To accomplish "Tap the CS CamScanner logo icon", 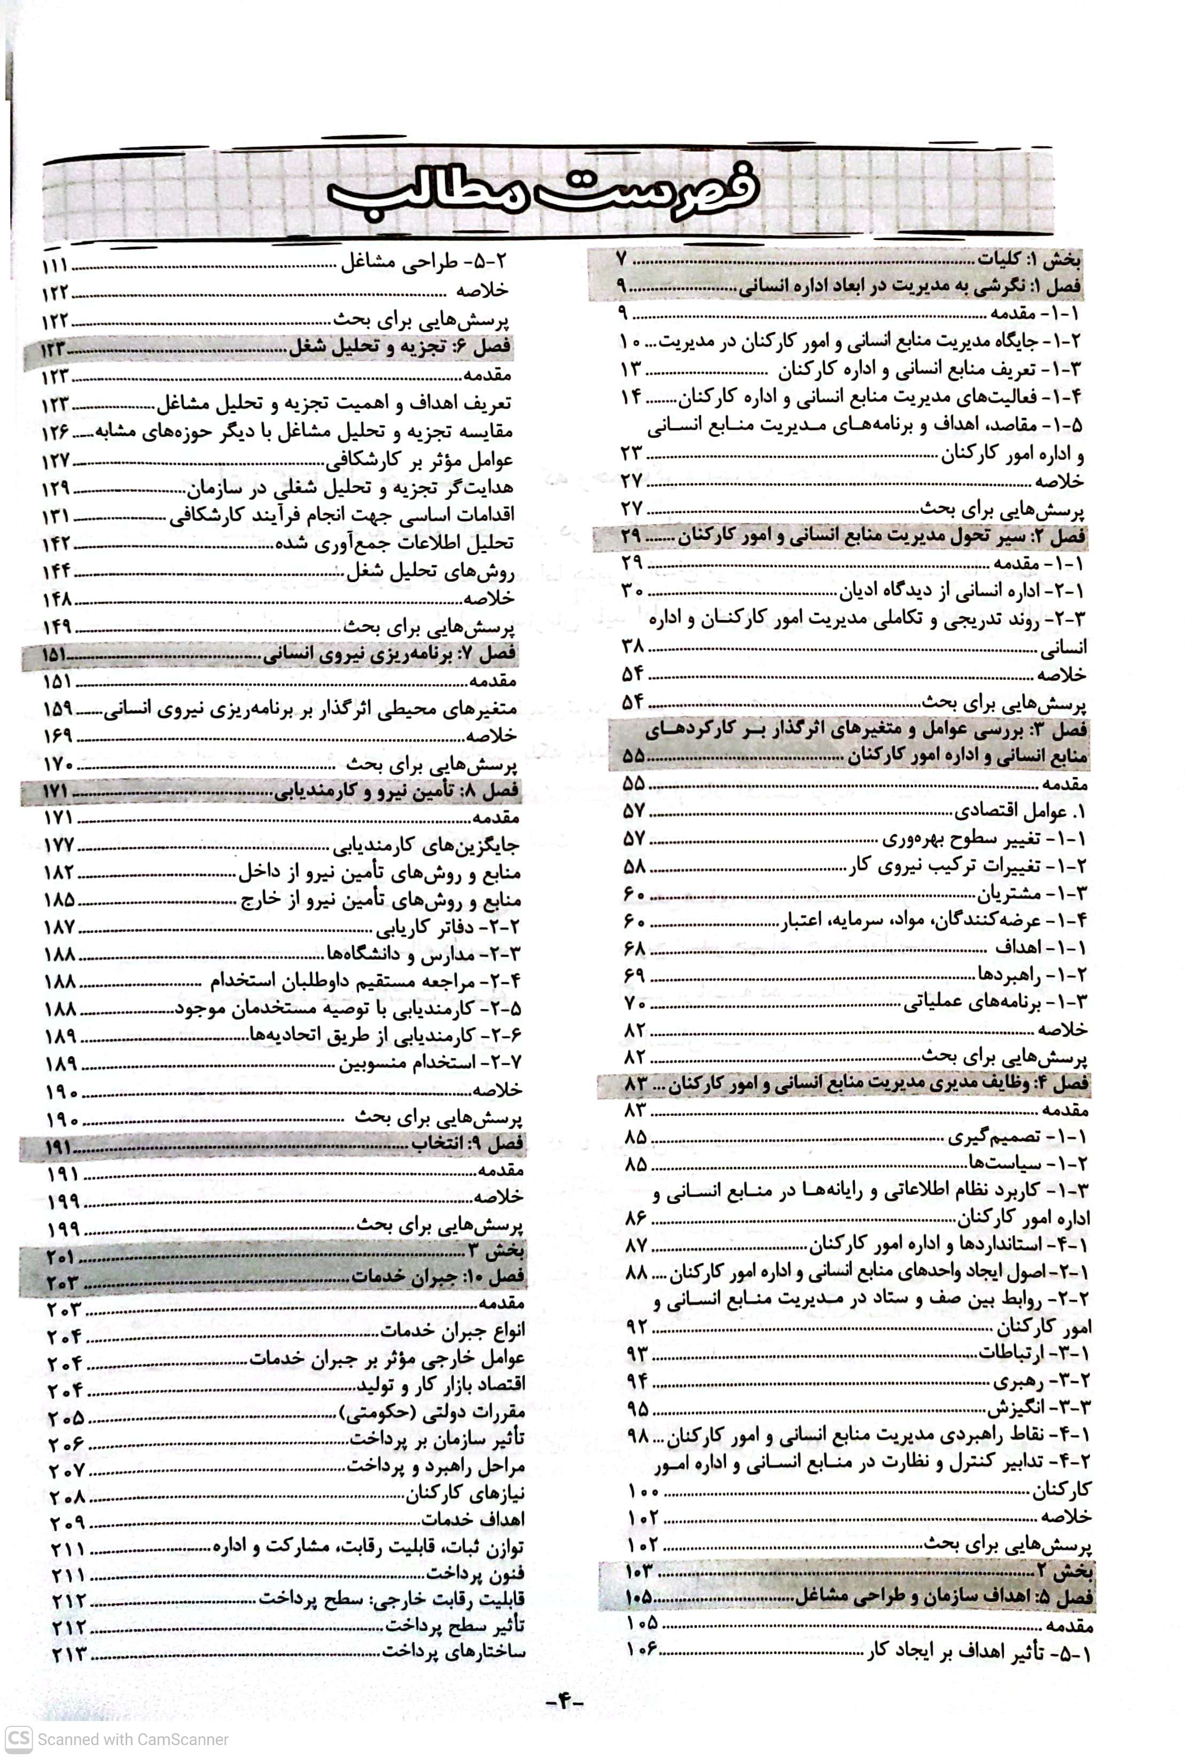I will point(19,1739).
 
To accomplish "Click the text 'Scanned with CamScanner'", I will point(133,1739).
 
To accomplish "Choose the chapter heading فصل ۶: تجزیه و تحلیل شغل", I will point(401,348).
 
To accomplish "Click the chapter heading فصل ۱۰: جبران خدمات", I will point(438,1277).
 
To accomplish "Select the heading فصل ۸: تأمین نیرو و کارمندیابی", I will point(397,792).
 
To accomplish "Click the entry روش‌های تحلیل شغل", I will point(431,571).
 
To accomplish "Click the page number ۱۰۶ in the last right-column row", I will point(642,1649).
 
